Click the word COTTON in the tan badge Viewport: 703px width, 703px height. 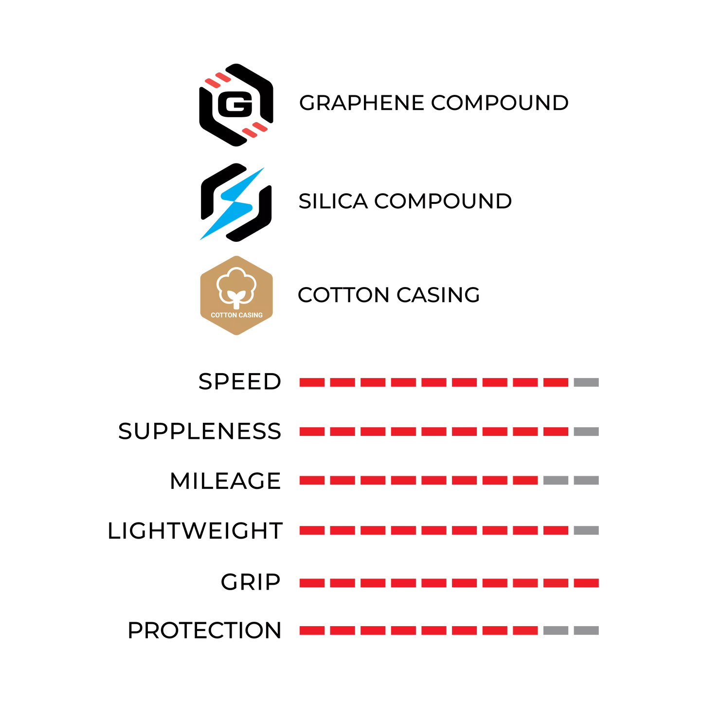click(224, 315)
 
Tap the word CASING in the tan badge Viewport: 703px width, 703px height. click(251, 315)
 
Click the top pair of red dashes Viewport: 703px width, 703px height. click(218, 80)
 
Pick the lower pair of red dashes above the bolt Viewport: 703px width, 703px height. click(254, 130)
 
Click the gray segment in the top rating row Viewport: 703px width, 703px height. click(586, 382)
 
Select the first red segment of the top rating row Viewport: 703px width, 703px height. click(312, 382)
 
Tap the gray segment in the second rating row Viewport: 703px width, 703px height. click(586, 432)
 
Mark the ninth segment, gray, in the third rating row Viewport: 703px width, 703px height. click(556, 481)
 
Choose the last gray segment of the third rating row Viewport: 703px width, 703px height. click(586, 481)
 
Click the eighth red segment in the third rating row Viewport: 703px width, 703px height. click(525, 481)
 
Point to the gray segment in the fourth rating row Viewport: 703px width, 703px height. click(586, 530)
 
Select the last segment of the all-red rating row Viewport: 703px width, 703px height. click(586, 583)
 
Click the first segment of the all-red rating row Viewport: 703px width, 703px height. click(312, 583)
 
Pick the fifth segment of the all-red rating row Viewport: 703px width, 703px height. click(433, 583)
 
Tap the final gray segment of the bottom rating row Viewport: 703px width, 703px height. click(586, 631)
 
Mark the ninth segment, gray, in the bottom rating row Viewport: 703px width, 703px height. click(556, 631)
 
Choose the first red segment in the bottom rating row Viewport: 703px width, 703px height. click(312, 631)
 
